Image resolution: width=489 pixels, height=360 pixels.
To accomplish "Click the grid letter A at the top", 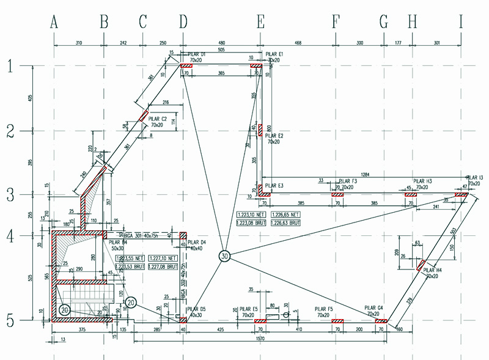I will tap(54, 23).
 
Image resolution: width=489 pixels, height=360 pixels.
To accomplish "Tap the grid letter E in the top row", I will tap(261, 23).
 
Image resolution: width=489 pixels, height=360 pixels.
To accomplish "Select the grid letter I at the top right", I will tap(461, 23).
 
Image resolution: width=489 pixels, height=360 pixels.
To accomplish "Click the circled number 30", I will tap(226, 257).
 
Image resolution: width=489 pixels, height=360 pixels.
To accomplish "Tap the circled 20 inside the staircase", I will tap(65, 310).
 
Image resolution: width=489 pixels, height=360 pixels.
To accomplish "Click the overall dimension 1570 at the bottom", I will tap(260, 337).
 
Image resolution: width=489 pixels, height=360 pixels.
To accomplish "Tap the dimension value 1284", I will tap(366, 175).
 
